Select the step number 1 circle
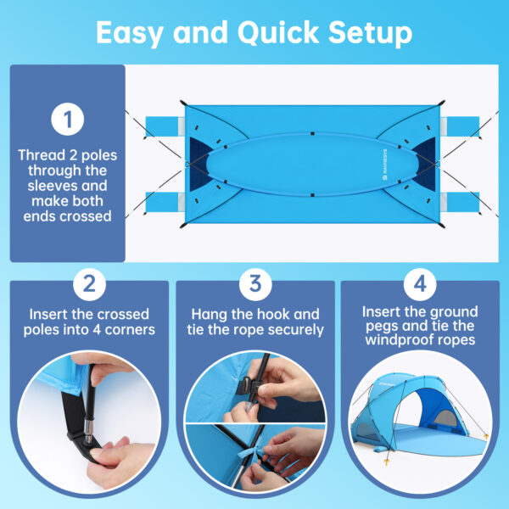pyautogui.click(x=67, y=120)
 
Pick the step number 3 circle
pyautogui.click(x=255, y=284)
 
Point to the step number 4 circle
pyautogui.click(x=419, y=284)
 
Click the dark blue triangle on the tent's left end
pyautogui.click(x=201, y=157)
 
